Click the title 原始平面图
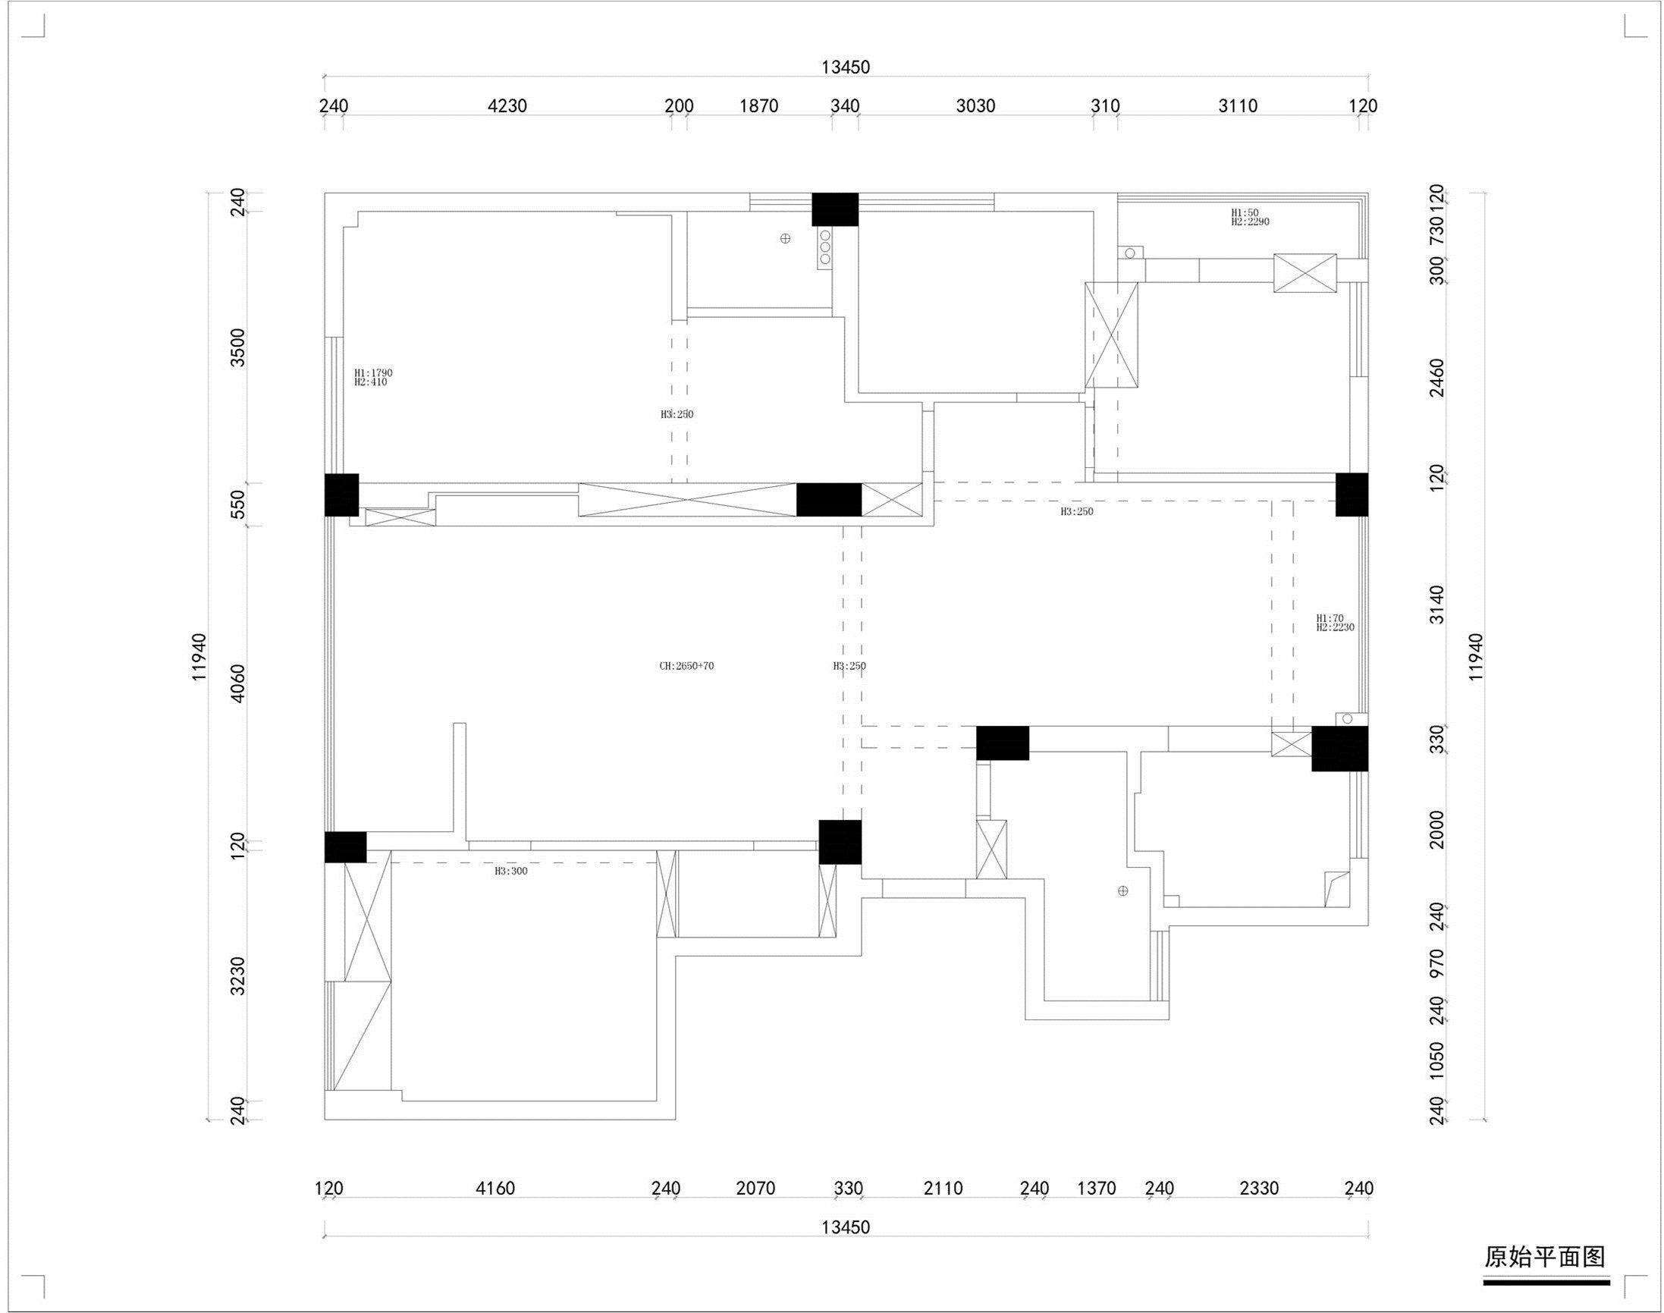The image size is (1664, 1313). pyautogui.click(x=1545, y=1256)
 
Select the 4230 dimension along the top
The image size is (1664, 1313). pyautogui.click(x=507, y=106)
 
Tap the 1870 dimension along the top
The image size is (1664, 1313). pyautogui.click(x=759, y=106)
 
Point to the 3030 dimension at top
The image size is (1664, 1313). pyautogui.click(x=975, y=106)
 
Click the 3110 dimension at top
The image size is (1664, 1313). pyautogui.click(x=1239, y=106)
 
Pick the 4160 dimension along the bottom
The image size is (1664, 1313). pyautogui.click(x=495, y=1189)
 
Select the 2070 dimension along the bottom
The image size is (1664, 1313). pyautogui.click(x=755, y=1189)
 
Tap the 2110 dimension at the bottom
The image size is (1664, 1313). pyautogui.click(x=943, y=1189)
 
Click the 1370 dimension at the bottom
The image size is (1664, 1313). pyautogui.click(x=1096, y=1189)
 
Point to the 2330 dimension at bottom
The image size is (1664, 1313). pyautogui.click(x=1259, y=1189)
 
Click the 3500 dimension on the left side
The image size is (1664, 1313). pyautogui.click(x=238, y=347)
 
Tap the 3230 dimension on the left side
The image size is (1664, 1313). pyautogui.click(x=238, y=976)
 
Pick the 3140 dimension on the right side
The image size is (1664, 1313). pyautogui.click(x=1436, y=605)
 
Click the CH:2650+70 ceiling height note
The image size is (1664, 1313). pyautogui.click(x=686, y=666)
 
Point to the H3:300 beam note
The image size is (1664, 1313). pyautogui.click(x=511, y=871)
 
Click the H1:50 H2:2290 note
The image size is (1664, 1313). pyautogui.click(x=1250, y=218)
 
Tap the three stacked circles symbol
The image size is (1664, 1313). pyautogui.click(x=824, y=247)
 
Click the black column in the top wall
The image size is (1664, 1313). pyautogui.click(x=836, y=209)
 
